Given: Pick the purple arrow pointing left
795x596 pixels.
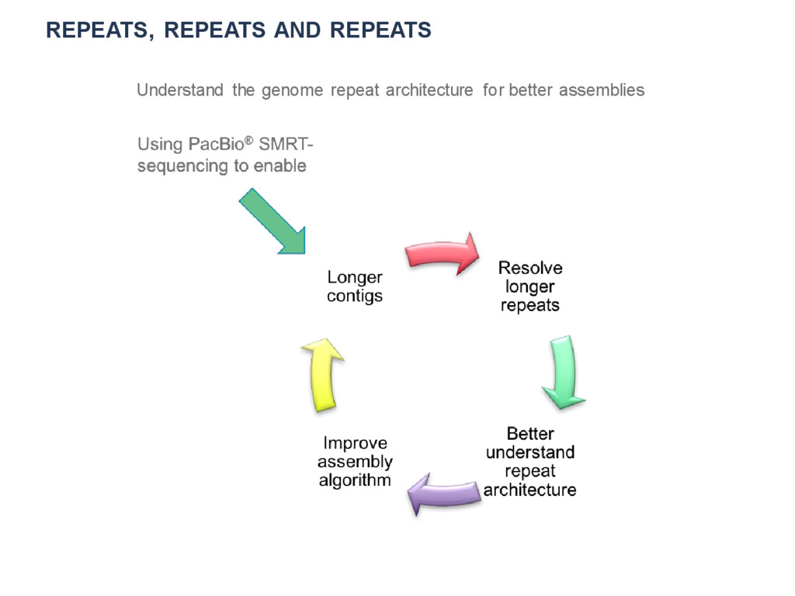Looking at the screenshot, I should point(445,495).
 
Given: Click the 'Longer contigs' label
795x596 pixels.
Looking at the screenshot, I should point(355,286).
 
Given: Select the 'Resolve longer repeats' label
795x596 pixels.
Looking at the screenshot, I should point(530,286).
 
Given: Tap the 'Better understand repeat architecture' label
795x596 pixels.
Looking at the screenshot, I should point(530,462).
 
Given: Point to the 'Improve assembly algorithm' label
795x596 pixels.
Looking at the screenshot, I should point(355,462).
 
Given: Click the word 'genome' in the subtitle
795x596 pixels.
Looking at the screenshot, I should point(293,90).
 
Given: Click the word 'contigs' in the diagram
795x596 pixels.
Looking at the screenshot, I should point(355,296).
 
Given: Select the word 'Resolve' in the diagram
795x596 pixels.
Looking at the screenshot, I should point(530,268).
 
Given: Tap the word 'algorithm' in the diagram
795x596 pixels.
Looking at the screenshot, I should point(355,480).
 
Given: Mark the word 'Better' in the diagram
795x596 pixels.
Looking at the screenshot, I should point(530,433).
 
